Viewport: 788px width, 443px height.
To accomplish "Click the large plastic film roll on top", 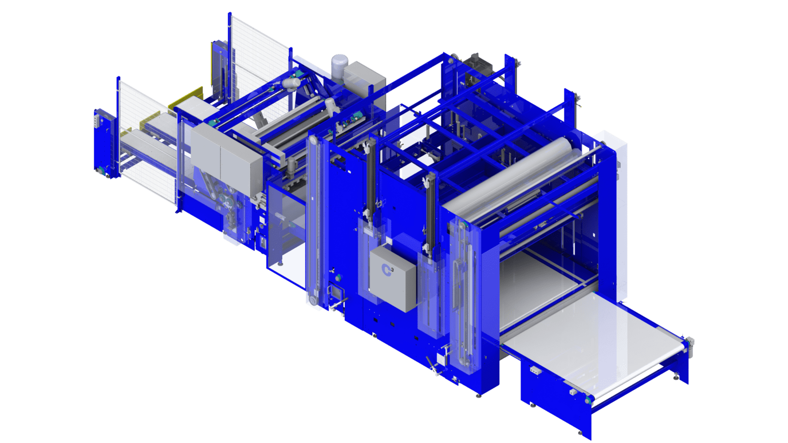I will [512, 174].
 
